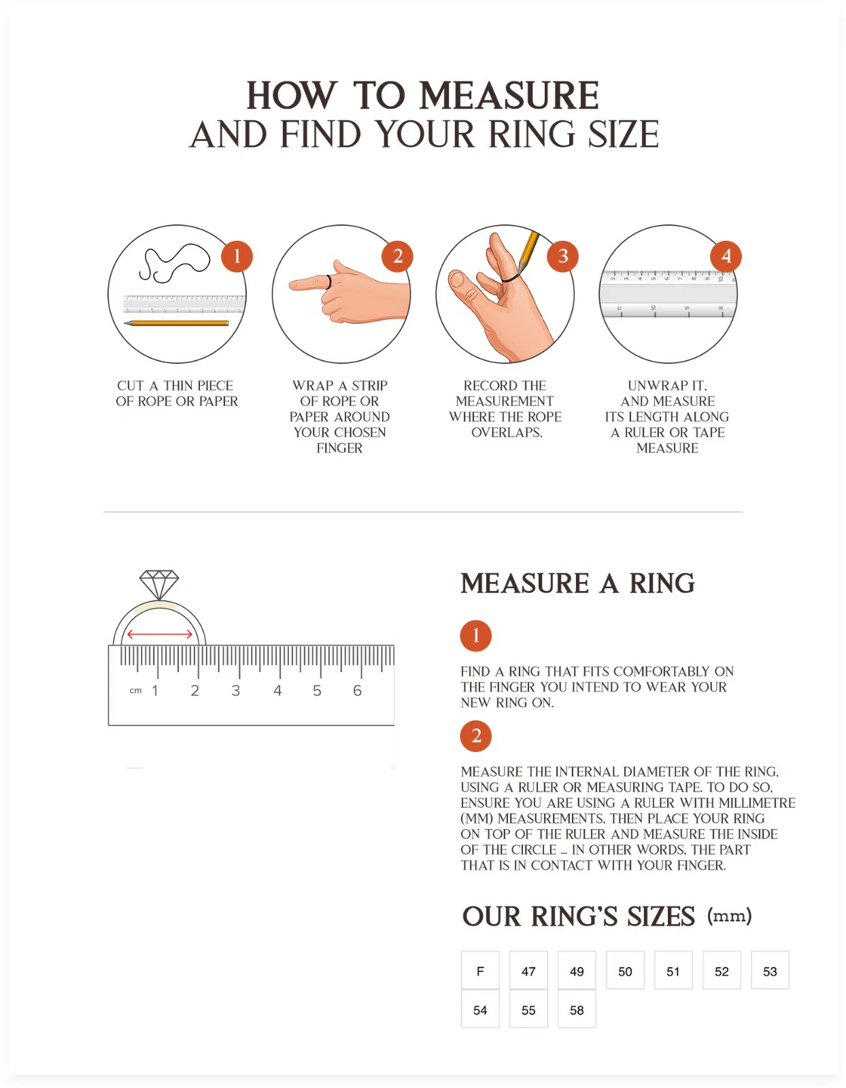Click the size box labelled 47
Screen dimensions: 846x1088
(528, 971)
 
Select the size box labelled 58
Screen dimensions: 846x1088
(577, 1010)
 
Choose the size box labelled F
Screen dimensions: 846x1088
(480, 971)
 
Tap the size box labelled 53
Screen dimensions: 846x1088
(770, 971)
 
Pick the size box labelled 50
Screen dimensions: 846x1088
(625, 971)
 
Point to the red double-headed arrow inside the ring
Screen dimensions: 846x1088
(160, 634)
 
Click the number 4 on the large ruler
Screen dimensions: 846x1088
(277, 691)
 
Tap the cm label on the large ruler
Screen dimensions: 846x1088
(135, 691)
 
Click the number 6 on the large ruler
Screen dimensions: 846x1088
(357, 691)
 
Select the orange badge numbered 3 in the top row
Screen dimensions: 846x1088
(562, 256)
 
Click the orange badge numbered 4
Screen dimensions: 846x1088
(726, 256)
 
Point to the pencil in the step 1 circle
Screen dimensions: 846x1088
(176, 324)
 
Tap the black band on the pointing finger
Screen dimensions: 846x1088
(328, 282)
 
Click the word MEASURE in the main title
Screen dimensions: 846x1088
(509, 95)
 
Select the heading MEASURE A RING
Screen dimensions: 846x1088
(577, 583)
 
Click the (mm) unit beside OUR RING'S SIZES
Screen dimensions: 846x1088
(729, 916)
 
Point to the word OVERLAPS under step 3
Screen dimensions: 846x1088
(507, 432)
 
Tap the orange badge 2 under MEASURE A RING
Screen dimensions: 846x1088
(475, 736)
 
